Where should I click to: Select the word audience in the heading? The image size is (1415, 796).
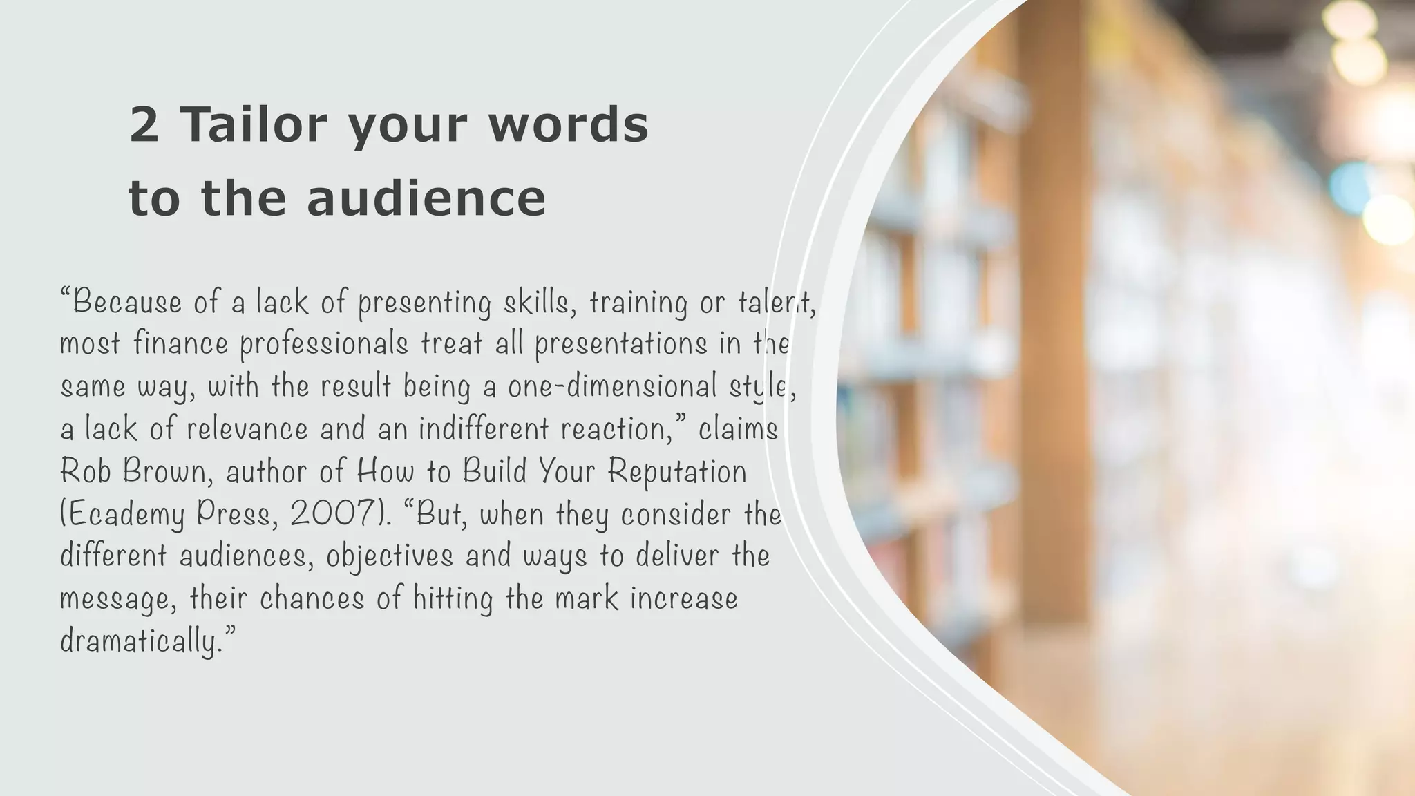click(x=426, y=198)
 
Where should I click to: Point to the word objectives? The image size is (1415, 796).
click(x=390, y=557)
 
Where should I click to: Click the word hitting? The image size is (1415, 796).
click(x=453, y=599)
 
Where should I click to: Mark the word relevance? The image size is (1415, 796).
click(x=247, y=428)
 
